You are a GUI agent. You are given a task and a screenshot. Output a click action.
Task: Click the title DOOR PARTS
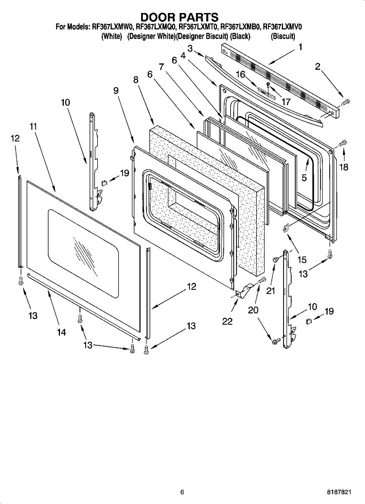[179, 17]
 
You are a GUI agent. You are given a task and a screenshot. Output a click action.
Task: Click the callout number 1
[300, 47]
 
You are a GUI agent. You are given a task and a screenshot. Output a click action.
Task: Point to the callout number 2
[317, 66]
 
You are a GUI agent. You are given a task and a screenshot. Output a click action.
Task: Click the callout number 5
[304, 178]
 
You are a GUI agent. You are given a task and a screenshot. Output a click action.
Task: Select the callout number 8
[136, 79]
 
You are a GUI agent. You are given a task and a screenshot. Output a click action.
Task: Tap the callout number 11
[33, 126]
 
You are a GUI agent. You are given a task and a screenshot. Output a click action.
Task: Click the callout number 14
[61, 332]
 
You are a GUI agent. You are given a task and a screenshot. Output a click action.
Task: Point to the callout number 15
[302, 260]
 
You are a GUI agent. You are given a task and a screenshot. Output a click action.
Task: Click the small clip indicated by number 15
[286, 228]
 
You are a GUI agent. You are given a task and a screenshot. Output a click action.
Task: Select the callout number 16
[241, 74]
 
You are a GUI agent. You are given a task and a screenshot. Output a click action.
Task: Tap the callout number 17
[286, 102]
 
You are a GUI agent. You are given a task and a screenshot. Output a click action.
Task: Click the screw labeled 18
[342, 143]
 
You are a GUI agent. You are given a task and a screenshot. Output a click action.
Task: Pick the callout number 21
[270, 291]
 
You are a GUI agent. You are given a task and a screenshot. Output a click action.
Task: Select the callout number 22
[227, 321]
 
